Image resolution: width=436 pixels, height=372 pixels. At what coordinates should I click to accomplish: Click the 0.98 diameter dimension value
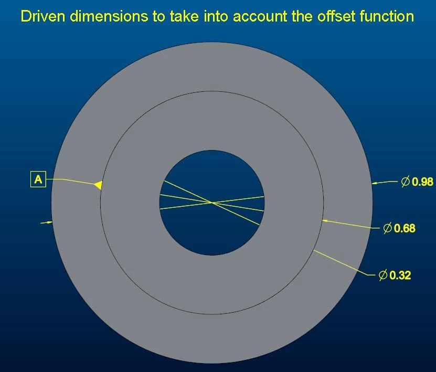coord(422,182)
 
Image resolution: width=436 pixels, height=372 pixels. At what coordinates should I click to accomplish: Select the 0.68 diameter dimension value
coord(405,228)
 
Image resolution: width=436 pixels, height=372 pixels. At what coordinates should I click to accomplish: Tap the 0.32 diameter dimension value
coord(400,275)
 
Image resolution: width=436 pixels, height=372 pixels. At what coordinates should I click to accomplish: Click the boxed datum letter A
coord(38,179)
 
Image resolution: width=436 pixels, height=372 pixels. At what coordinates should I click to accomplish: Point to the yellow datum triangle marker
coord(99,185)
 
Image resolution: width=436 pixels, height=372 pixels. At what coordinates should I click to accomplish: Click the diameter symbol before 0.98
coord(406,182)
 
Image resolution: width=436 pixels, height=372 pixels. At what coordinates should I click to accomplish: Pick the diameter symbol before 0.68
coord(388,228)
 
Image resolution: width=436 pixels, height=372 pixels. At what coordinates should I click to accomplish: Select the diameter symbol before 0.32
coord(383,275)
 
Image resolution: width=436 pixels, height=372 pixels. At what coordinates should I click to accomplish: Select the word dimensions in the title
coord(109,16)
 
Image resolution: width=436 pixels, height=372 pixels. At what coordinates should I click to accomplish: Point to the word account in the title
coord(260,16)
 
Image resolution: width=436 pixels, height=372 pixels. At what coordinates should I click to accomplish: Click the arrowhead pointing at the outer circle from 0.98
coord(375,183)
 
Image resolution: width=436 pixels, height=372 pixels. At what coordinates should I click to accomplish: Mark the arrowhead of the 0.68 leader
coord(325,221)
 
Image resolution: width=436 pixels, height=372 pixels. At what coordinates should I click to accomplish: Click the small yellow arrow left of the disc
coord(47,222)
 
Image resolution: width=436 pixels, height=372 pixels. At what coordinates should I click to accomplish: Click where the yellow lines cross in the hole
coord(212,203)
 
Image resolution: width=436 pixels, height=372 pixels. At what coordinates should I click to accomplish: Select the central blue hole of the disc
coord(212,203)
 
